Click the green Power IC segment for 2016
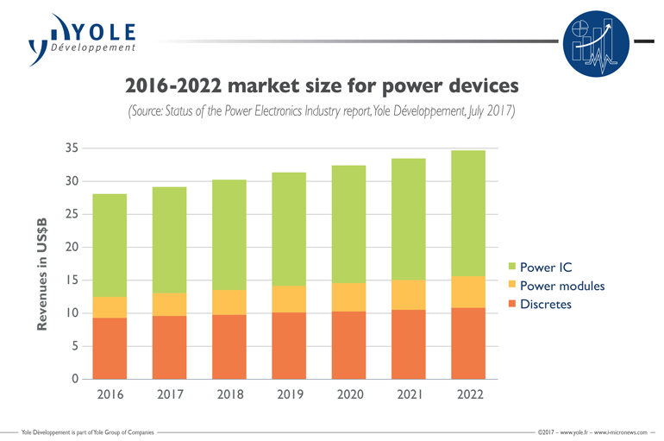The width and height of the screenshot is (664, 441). tap(110, 245)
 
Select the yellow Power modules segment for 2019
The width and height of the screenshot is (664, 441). tap(288, 299)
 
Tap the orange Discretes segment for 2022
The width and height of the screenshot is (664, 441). tap(467, 343)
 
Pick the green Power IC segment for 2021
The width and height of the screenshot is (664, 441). tap(408, 219)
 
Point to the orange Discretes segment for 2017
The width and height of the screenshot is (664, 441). tap(169, 347)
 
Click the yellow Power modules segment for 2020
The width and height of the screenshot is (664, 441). tap(348, 297)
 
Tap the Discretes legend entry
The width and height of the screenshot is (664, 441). tap(540, 304)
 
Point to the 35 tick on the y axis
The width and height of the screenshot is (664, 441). tap(73, 148)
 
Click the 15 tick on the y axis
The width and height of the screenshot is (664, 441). tap(73, 280)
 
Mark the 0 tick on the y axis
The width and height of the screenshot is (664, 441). tap(76, 379)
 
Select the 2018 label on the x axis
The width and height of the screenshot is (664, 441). tap(229, 394)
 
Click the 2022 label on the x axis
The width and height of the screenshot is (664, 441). tap(467, 394)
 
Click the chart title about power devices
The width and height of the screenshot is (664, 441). tap(322, 85)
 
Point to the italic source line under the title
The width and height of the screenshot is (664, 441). tap(322, 111)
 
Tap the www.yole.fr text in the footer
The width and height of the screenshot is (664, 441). tap(573, 430)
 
